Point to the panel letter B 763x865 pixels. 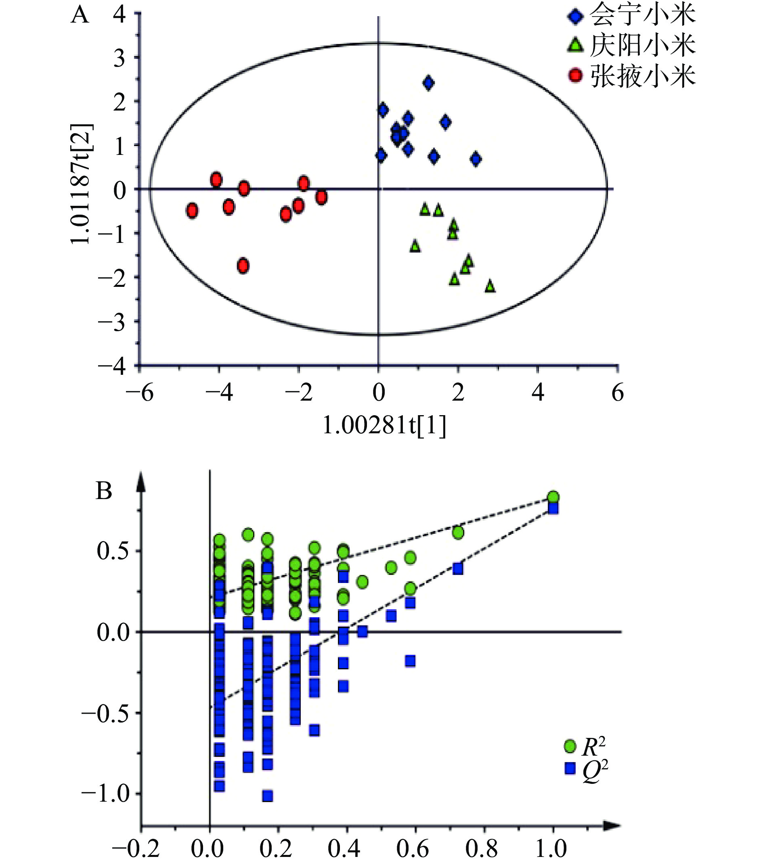tap(104, 491)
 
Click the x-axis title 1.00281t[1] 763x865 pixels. tap(384, 425)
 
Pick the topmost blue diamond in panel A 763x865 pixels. tap(428, 83)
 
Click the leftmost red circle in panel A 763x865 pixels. tap(192, 210)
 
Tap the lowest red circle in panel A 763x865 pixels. tap(243, 266)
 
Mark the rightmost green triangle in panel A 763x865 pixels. tap(490, 286)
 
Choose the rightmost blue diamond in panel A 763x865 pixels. tap(476, 159)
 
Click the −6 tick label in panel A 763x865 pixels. tap(139, 393)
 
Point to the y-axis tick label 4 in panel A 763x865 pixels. tap(119, 16)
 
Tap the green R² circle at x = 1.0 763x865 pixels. tap(553, 497)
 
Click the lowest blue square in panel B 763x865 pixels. tap(267, 796)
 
